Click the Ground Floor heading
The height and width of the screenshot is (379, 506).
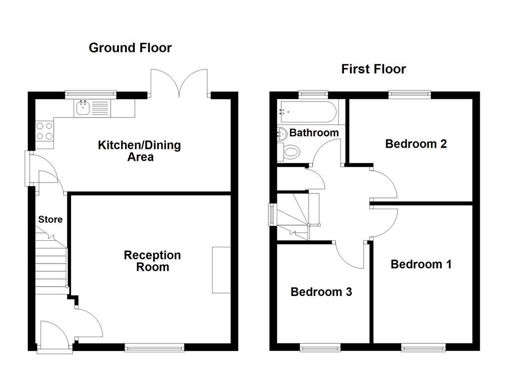pos(130,48)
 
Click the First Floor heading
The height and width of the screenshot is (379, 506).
pos(374,69)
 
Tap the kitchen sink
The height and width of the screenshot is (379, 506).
pos(83,108)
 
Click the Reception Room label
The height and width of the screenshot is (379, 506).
pos(152,261)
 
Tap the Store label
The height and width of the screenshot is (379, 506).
pos(50,219)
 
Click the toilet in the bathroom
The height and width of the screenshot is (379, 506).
pos(291,152)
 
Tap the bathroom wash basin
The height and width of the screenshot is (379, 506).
pos(282,133)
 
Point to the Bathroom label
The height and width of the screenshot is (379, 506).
pos(314,133)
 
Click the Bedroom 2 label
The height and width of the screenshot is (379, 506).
pos(416,144)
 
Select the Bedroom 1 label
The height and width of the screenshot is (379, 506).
pos(421,264)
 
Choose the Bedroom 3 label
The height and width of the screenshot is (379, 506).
pos(321,292)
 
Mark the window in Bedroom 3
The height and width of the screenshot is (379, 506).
pos(320,348)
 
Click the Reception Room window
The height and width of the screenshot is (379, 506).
pos(155,348)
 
